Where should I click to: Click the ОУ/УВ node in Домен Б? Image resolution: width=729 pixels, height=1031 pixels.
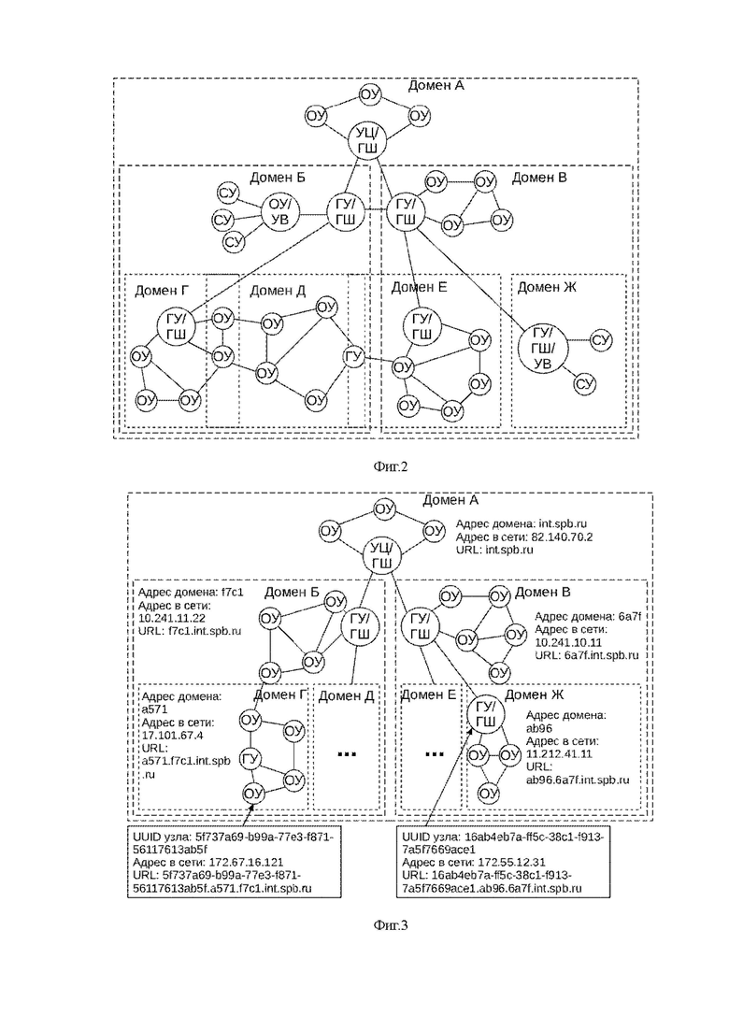coord(280,212)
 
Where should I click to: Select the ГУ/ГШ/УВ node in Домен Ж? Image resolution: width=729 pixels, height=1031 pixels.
coord(542,349)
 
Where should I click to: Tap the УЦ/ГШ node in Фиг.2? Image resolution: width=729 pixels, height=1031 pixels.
coord(366,142)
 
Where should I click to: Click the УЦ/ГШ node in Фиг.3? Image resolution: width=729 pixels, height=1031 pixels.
coord(382,555)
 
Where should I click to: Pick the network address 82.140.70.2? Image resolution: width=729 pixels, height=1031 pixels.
coord(557,537)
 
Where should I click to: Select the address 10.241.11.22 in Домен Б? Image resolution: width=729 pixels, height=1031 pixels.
coord(172,618)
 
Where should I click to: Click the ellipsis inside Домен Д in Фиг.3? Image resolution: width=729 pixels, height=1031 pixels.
coord(347,754)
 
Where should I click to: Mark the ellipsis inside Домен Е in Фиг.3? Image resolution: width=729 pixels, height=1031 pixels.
coord(434,754)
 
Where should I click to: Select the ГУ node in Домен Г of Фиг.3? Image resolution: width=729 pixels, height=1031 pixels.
coord(250,759)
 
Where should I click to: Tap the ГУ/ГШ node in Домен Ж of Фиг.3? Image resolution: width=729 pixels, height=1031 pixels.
coord(485,715)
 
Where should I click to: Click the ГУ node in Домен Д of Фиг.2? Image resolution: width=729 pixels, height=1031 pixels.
coord(353,357)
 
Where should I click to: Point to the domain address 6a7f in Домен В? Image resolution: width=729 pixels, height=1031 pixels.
coord(630,617)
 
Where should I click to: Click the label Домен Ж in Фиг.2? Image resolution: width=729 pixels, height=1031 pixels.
coord(547,287)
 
